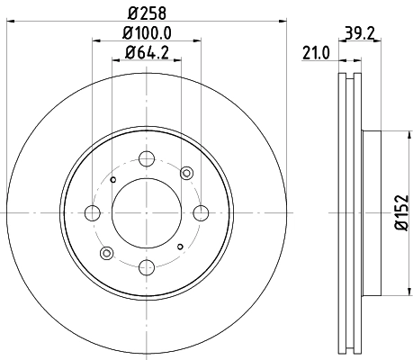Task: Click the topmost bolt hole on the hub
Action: [146, 161]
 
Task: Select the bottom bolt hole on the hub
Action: [146, 265]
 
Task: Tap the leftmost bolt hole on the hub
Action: [93, 213]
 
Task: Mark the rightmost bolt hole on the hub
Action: [199, 213]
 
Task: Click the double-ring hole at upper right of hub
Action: [186, 173]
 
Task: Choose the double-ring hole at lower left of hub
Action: [106, 254]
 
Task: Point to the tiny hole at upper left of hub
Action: [112, 180]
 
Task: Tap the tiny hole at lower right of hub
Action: [180, 247]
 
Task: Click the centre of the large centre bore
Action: [146, 213]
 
